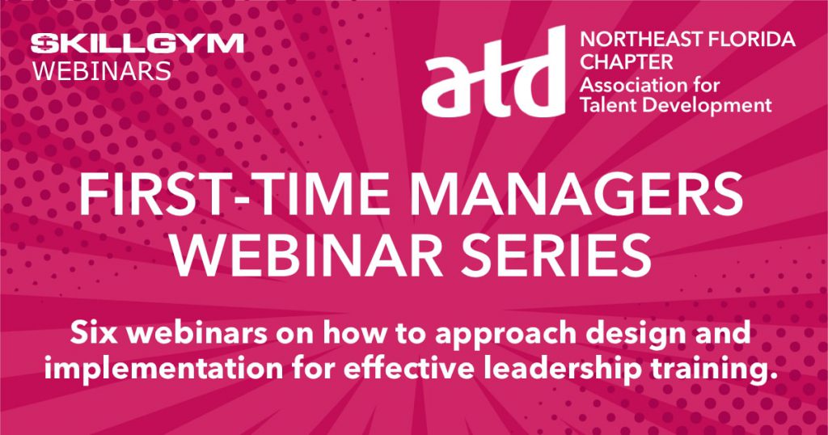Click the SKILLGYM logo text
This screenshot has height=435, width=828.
coord(137,44)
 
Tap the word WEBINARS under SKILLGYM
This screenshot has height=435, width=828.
coord(102,70)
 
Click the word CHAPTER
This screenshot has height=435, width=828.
coord(627,61)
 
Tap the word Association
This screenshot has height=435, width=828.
coord(627,84)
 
